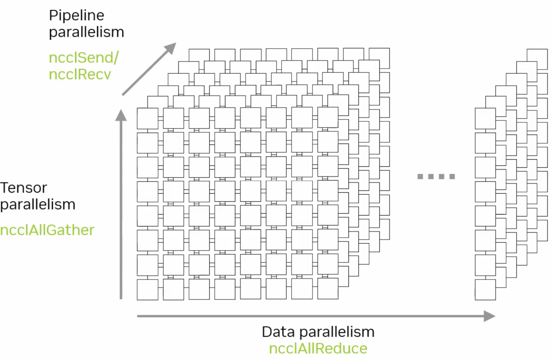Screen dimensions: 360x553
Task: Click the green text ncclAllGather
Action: point(47,230)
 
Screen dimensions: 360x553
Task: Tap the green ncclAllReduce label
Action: point(318,348)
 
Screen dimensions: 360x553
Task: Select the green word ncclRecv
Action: point(80,74)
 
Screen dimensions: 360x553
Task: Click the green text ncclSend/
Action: point(84,58)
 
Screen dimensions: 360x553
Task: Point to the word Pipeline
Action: point(76,15)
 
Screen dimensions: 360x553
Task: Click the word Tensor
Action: point(24,188)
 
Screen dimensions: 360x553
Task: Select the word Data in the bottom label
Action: point(278,332)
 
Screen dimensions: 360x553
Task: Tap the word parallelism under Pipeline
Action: point(87,32)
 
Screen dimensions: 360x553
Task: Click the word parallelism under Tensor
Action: point(38,204)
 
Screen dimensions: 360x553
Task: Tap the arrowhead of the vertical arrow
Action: point(121,115)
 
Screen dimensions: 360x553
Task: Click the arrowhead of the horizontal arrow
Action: point(489,316)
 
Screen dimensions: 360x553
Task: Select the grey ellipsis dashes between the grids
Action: point(436,176)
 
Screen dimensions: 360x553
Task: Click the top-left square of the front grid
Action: point(147,118)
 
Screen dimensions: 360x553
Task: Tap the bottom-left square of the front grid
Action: point(147,289)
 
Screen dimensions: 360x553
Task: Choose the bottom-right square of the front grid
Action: point(328,289)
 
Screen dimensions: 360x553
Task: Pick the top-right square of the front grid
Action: point(328,118)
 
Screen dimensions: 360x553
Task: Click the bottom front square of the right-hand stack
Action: point(485,289)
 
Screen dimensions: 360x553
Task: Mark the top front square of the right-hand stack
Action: point(485,118)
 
